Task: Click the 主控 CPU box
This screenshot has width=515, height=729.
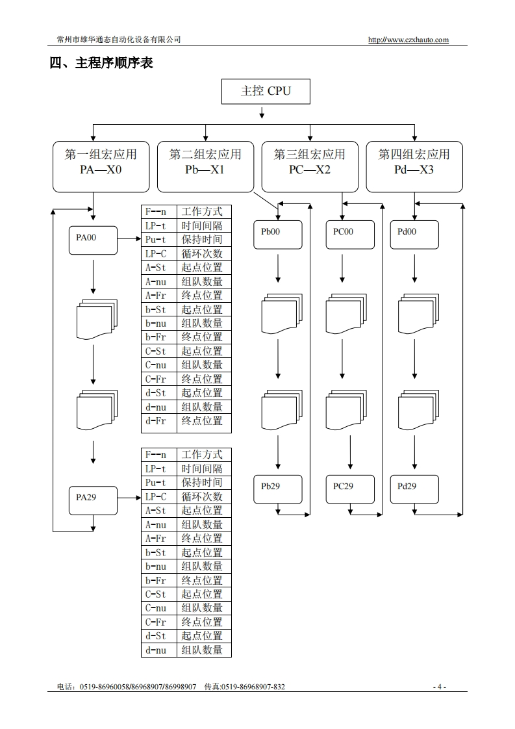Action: click(x=266, y=91)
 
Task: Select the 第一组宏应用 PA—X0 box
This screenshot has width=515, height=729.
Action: click(x=101, y=166)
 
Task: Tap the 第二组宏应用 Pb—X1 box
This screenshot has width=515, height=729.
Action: click(x=205, y=166)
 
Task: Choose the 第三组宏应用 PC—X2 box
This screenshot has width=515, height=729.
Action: click(x=310, y=166)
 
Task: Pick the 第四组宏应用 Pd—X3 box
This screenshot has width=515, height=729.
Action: click(x=414, y=166)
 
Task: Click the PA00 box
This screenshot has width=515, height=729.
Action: click(x=93, y=239)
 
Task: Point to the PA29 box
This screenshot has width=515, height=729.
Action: click(x=93, y=498)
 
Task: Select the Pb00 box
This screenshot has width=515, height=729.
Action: click(x=278, y=235)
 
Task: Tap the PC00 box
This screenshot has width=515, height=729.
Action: click(x=350, y=235)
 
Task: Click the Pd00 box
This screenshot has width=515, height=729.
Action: click(x=414, y=235)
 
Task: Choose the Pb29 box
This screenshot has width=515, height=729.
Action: click(x=278, y=489)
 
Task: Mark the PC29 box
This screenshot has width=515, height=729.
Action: click(x=350, y=489)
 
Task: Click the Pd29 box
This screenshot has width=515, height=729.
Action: click(x=414, y=489)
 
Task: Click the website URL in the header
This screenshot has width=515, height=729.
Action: click(x=408, y=40)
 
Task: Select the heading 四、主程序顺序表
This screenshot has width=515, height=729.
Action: click(x=101, y=63)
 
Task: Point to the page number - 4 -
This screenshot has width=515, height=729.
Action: click(x=440, y=687)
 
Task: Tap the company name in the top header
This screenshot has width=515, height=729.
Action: click(x=119, y=40)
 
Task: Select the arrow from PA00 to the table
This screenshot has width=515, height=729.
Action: click(x=129, y=239)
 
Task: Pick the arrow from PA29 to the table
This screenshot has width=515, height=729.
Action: click(x=129, y=498)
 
